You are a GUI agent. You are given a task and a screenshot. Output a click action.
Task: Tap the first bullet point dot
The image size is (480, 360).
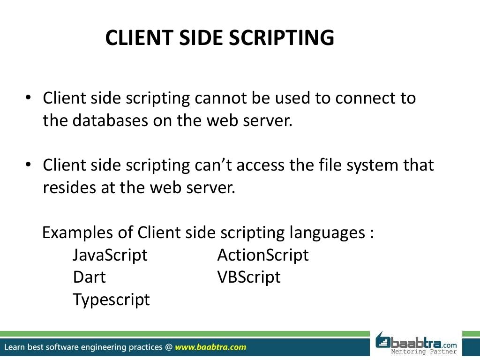click(28, 98)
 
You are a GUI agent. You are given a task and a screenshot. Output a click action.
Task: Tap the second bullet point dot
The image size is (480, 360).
click(28, 165)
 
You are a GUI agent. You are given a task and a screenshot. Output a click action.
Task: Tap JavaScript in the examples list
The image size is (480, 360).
click(110, 255)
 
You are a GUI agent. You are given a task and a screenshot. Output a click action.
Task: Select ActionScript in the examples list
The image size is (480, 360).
click(263, 255)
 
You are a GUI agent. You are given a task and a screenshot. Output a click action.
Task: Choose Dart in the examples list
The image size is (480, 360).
click(89, 277)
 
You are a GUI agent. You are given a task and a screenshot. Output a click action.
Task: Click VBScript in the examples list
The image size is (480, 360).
click(249, 277)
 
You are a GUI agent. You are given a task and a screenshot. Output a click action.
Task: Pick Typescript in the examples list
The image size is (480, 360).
click(111, 300)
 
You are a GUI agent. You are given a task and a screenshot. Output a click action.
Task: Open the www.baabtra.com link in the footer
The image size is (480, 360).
click(210, 347)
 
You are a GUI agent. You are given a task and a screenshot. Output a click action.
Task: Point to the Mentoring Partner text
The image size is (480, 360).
click(424, 352)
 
